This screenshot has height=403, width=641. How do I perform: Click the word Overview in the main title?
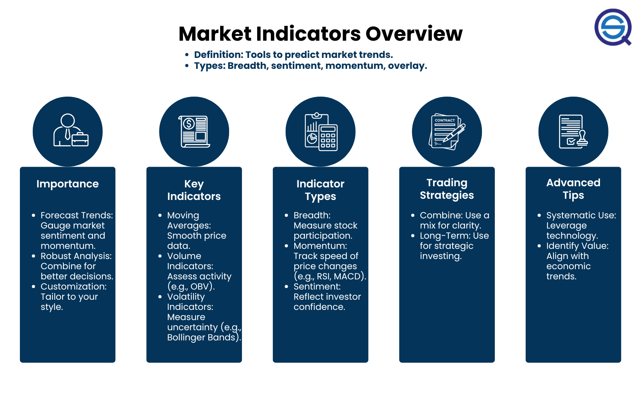pyautogui.click(x=414, y=34)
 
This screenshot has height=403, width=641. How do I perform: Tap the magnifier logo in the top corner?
pyautogui.click(x=613, y=27)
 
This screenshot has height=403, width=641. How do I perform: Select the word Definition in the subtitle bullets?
pyautogui.click(x=218, y=54)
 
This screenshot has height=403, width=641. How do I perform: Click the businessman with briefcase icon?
pyautogui.click(x=71, y=130)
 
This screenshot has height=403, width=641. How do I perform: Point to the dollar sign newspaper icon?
pyautogui.click(x=194, y=131)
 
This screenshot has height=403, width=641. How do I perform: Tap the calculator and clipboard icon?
pyautogui.click(x=321, y=132)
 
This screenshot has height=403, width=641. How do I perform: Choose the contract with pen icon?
pyautogui.click(x=447, y=131)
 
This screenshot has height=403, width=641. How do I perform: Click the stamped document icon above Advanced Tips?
pyautogui.click(x=573, y=131)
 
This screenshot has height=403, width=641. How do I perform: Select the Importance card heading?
pyautogui.click(x=68, y=184)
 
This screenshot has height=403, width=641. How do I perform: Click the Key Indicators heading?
pyautogui.click(x=194, y=190)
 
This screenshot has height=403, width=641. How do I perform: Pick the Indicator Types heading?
pyautogui.click(x=320, y=190)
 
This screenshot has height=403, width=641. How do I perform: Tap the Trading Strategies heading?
pyautogui.click(x=447, y=189)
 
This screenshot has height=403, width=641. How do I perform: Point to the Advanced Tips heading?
pyautogui.click(x=573, y=189)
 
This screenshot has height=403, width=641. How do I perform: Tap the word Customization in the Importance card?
pyautogui.click(x=73, y=286)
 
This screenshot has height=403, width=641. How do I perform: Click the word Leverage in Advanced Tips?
pyautogui.click(x=566, y=226)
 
